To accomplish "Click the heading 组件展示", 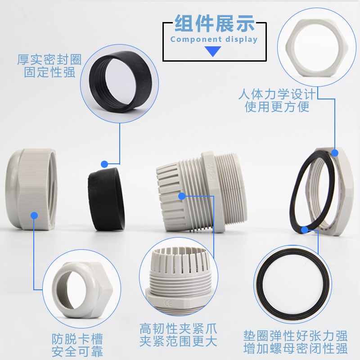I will [214, 23].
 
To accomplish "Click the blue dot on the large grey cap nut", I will [34, 216].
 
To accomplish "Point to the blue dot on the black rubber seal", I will [104, 164].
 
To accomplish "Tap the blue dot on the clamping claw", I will [182, 196].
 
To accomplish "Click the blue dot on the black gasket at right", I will [305, 230].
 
